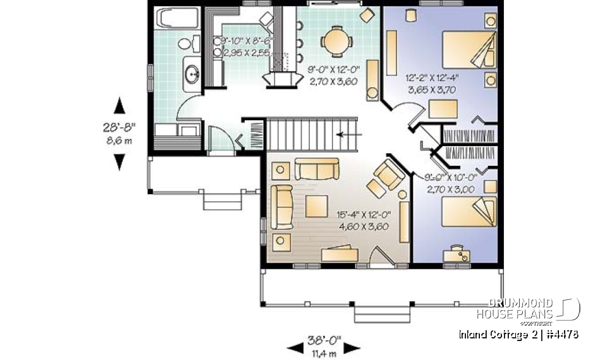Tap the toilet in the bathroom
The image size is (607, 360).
pos(185,44)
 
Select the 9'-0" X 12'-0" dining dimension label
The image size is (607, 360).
pos(333,75)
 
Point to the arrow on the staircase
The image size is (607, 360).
pos(349,134)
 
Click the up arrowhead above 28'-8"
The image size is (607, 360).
pos(118,106)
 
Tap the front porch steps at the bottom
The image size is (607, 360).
pos(382,313)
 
